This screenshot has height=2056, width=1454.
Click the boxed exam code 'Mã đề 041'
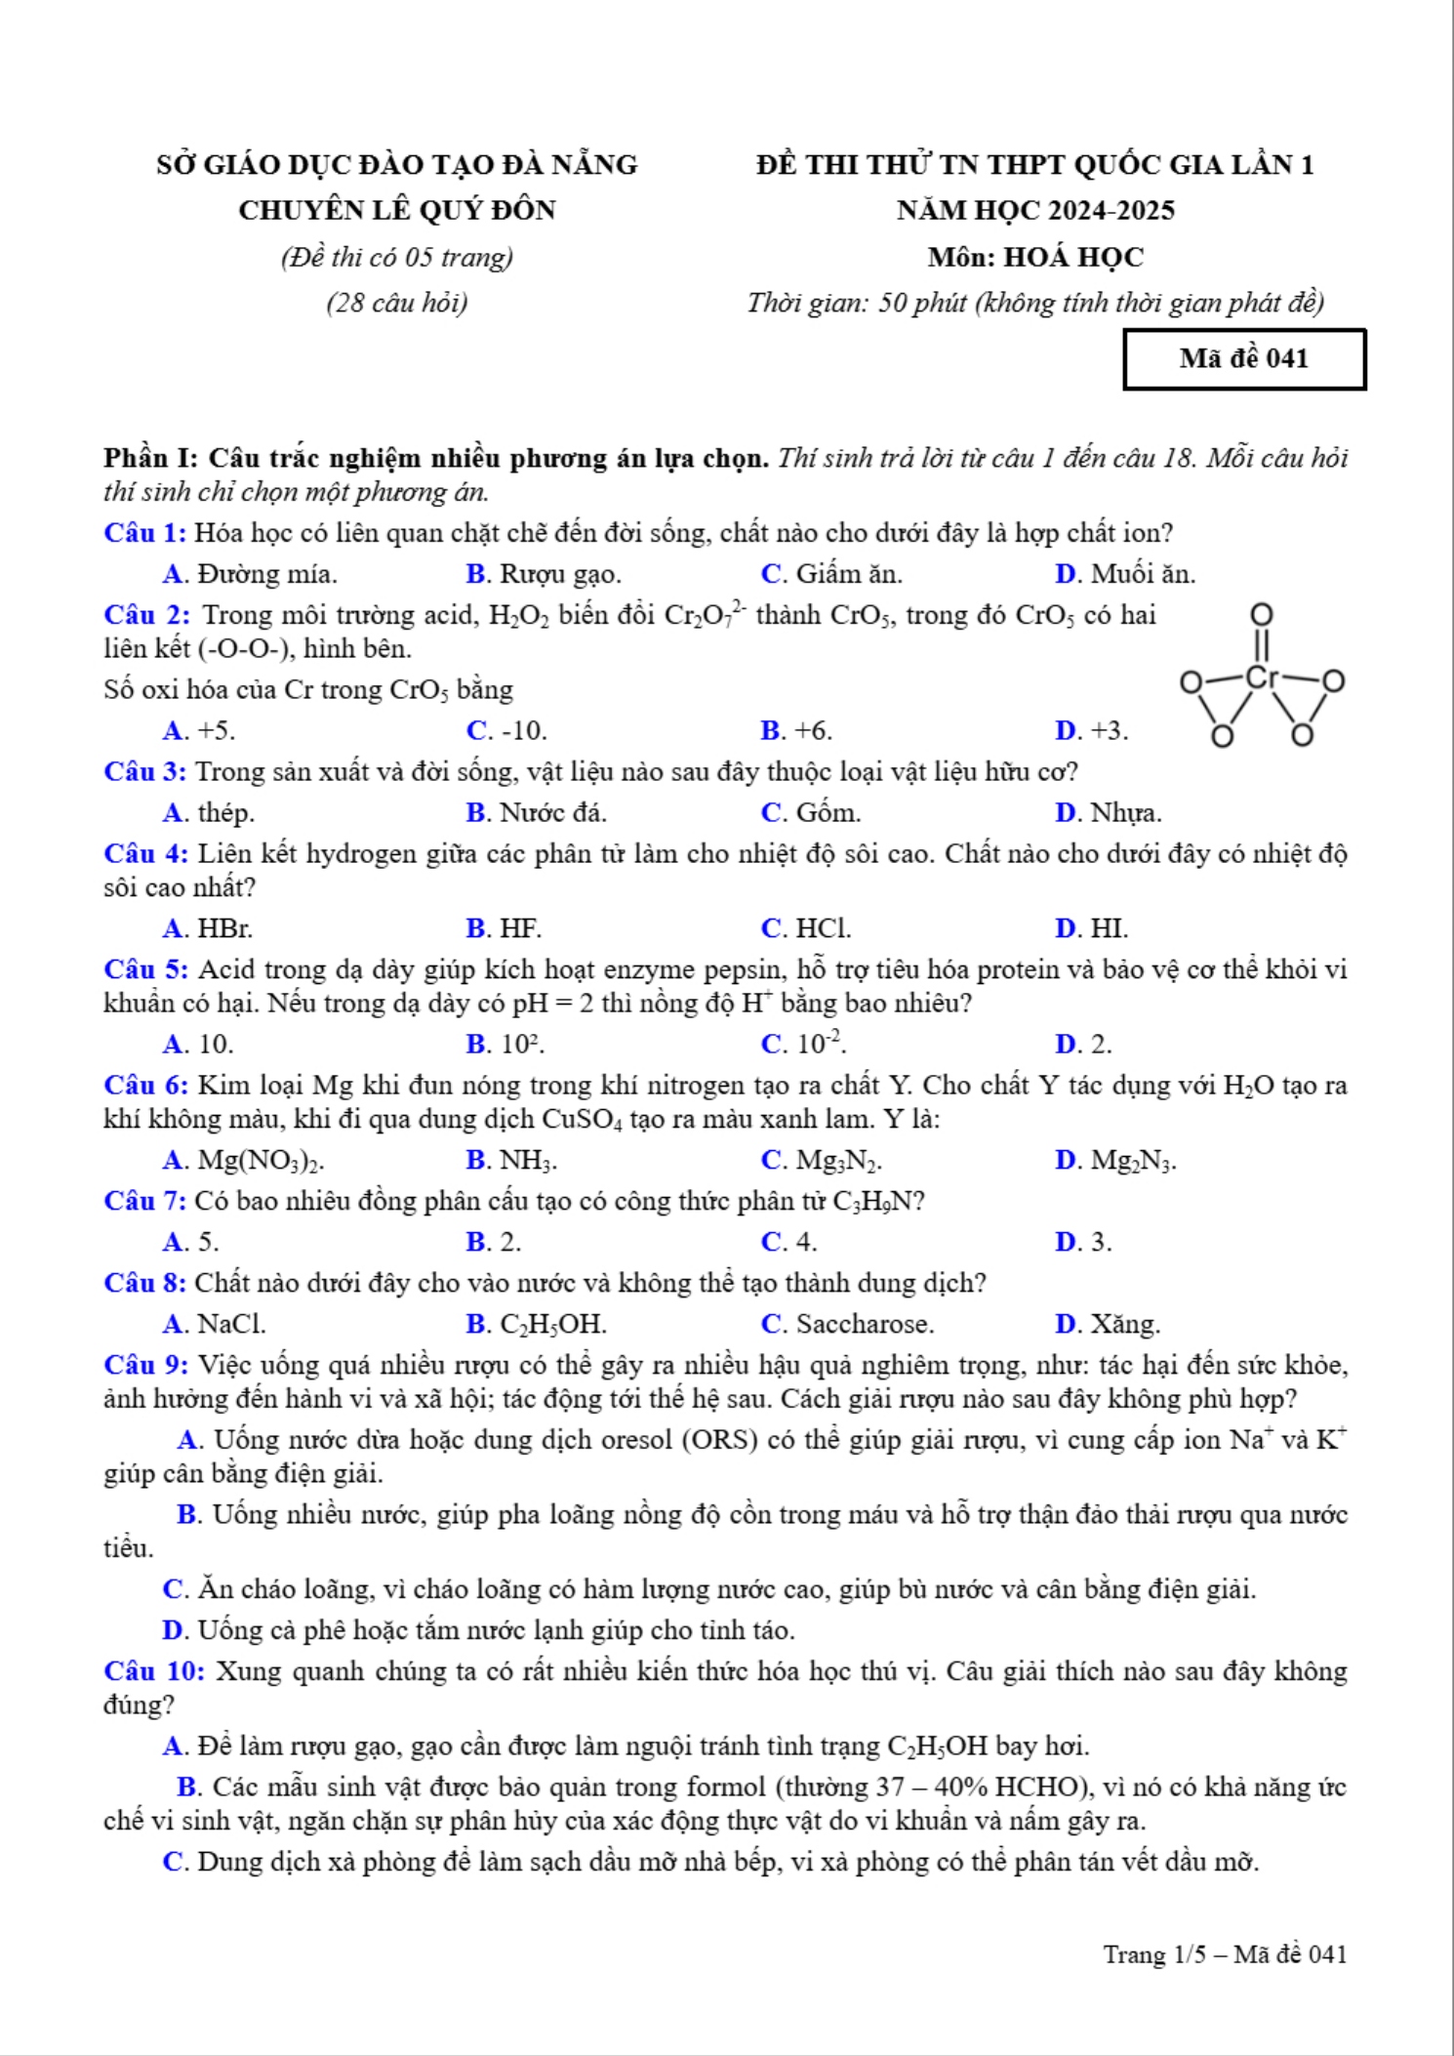click(1243, 359)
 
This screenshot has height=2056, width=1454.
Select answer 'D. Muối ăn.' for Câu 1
click(1124, 574)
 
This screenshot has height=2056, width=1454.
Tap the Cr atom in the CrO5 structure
click(1261, 678)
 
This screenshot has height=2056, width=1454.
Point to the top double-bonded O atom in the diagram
click(1262, 615)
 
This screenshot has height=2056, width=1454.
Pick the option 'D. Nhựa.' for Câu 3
click(1109, 813)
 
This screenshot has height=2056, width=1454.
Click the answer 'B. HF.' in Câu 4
click(504, 928)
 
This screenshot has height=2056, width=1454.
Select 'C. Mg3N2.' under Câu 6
click(822, 1161)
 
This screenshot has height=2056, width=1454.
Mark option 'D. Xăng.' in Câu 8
click(1108, 1325)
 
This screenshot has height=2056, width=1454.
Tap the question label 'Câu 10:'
click(154, 1672)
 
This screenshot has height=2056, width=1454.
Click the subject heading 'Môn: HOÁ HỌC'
click(1035, 258)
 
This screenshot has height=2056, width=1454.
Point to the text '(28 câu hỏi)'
click(397, 304)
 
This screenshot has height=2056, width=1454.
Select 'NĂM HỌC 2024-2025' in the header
click(1035, 211)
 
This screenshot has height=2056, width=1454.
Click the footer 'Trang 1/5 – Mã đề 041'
click(1225, 1955)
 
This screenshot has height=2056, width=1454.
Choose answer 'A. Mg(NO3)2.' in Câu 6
click(244, 1161)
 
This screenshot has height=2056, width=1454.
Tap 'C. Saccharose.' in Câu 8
click(847, 1325)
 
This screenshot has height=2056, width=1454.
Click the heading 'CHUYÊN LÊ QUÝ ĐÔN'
click(397, 211)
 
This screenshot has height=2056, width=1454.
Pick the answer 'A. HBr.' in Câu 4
click(208, 928)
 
